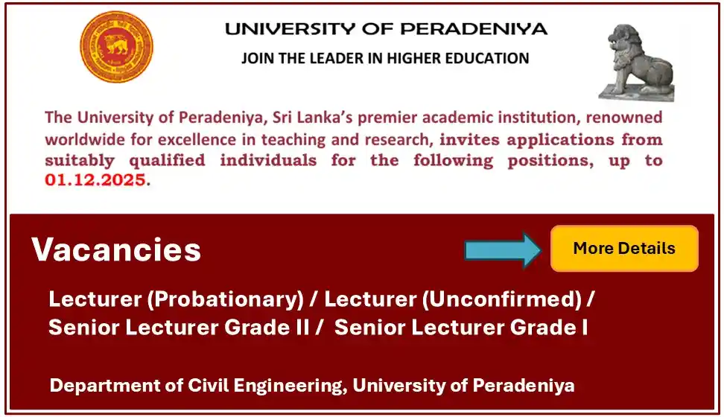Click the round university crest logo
116,46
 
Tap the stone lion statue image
638,61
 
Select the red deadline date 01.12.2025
95,180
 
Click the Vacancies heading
116,250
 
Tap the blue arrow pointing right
504,249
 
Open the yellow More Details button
624,249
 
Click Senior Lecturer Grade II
179,327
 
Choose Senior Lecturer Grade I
461,327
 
